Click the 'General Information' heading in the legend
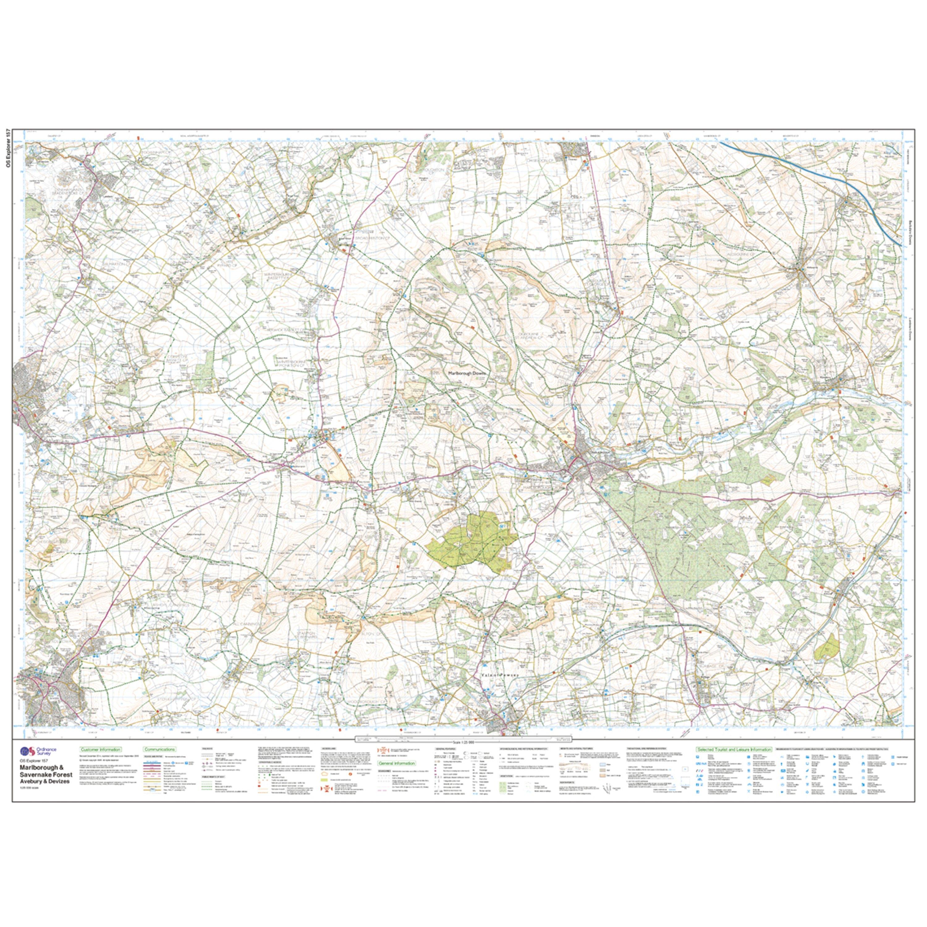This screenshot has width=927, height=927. click(x=396, y=763)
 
